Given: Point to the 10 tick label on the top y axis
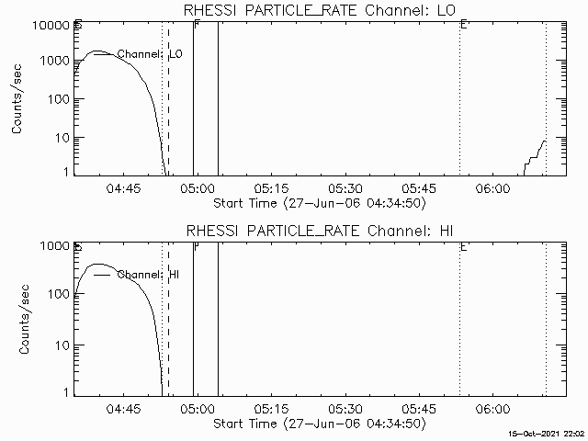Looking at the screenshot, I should click(x=62, y=138).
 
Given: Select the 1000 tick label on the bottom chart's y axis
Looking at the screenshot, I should click(x=52, y=246).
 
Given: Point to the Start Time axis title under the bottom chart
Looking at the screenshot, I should click(x=318, y=424).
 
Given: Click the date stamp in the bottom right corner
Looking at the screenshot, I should click(x=548, y=433).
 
